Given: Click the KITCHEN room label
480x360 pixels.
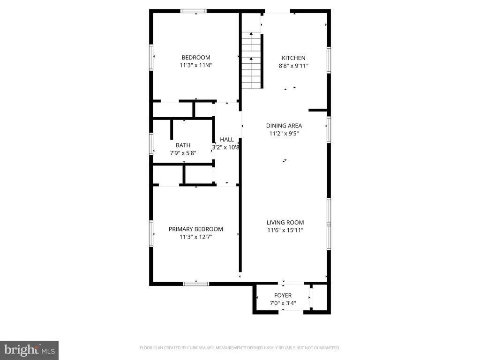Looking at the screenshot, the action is pyautogui.click(x=293, y=58).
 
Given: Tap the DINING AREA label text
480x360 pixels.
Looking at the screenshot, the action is pyautogui.click(x=284, y=126).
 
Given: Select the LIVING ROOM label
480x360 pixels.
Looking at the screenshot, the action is pyautogui.click(x=285, y=223).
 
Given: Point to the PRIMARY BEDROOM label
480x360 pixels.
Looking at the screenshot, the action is pyautogui.click(x=195, y=229).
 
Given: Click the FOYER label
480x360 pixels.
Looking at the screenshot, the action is pyautogui.click(x=283, y=295).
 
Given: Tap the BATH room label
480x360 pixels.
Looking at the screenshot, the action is pyautogui.click(x=183, y=145).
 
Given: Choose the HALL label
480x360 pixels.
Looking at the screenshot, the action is pyautogui.click(x=227, y=140).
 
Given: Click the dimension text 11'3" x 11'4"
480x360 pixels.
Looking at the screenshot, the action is pyautogui.click(x=196, y=65).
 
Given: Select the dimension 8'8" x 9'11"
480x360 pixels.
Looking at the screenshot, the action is pyautogui.click(x=293, y=66).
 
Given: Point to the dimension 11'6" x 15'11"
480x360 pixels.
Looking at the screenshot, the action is pyautogui.click(x=285, y=230).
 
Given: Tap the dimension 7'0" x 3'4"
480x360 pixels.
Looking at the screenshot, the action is pyautogui.click(x=283, y=303).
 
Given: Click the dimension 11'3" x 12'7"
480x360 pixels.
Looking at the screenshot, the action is pyautogui.click(x=196, y=237).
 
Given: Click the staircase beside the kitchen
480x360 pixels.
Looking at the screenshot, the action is pyautogui.click(x=251, y=60).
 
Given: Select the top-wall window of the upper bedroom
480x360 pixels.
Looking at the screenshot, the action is pyautogui.click(x=194, y=11).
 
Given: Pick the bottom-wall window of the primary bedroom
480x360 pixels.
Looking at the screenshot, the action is pyautogui.click(x=196, y=284).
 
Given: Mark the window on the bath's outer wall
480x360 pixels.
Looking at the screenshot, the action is pyautogui.click(x=151, y=143).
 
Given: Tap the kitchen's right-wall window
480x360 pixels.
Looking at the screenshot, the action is pyautogui.click(x=329, y=60).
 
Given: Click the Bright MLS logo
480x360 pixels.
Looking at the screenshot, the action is pyautogui.click(x=29, y=350).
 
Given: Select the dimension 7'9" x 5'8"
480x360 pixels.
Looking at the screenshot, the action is pyautogui.click(x=183, y=153).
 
